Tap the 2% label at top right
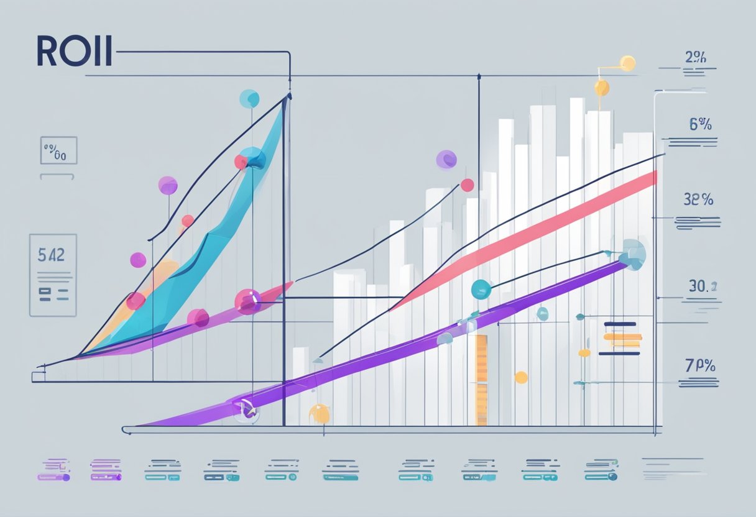(695, 57)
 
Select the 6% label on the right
(700, 124)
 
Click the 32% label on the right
(698, 200)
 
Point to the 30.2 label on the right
(703, 286)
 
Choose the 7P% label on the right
(699, 365)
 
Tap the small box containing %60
(58, 150)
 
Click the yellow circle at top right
(628, 63)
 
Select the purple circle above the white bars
(446, 159)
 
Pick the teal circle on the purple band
(481, 288)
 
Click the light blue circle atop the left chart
(249, 98)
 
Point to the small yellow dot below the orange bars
(521, 377)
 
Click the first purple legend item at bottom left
(54, 470)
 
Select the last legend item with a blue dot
(601, 470)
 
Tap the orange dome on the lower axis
(318, 413)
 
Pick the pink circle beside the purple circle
(467, 185)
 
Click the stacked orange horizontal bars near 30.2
(622, 339)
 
